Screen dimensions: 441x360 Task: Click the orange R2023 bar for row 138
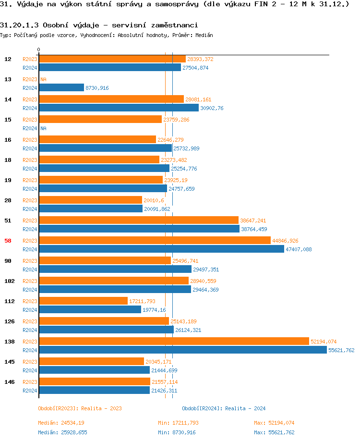(174, 341)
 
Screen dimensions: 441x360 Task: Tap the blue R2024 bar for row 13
(61, 87)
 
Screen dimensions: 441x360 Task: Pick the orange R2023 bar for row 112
(83, 301)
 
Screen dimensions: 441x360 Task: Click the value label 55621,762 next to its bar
(341, 350)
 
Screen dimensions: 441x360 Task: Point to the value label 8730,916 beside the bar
(97, 88)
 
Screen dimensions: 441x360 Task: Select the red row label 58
(8, 241)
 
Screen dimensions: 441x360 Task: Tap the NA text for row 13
(43, 79)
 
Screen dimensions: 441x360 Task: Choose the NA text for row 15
(43, 128)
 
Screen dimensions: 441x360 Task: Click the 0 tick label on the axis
(38, 49)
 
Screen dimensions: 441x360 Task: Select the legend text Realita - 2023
(101, 408)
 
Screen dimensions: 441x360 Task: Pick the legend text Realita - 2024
(245, 408)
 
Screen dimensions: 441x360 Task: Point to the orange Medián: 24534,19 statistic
(62, 423)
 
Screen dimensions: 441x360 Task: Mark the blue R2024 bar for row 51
(139, 229)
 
